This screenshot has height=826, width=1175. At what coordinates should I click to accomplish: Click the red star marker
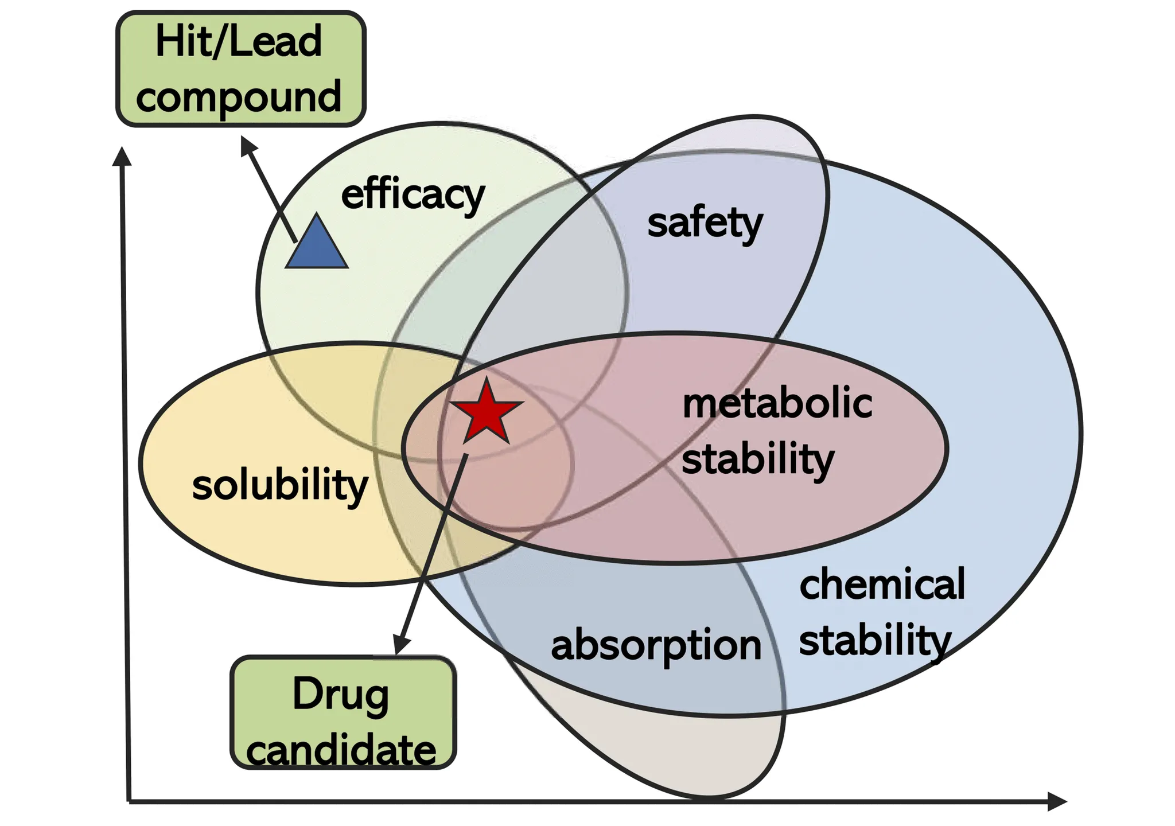[487, 411]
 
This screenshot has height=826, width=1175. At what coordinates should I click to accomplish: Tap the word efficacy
[413, 196]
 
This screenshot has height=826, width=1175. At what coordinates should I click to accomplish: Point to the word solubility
[280, 485]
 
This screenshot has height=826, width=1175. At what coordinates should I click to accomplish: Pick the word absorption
[656, 646]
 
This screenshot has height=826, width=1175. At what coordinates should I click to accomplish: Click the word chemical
[882, 584]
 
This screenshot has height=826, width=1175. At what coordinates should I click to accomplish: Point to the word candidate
[341, 750]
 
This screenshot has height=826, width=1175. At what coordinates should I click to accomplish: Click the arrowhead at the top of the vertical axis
[122, 156]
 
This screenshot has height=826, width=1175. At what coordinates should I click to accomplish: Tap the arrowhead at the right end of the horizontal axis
[1057, 801]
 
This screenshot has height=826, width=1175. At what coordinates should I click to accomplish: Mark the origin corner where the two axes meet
[129, 801]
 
